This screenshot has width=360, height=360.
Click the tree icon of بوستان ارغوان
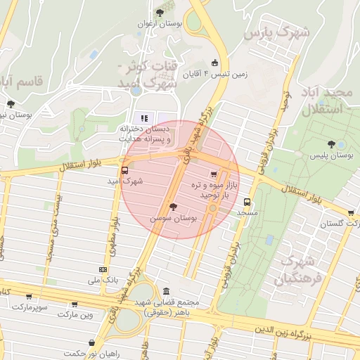[x=160, y=13]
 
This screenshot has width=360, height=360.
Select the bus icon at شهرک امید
[x=125, y=169]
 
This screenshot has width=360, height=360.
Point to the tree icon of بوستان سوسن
[x=173, y=207]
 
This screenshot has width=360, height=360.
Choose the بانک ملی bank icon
[x=103, y=269]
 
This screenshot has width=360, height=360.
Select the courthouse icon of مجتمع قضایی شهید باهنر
[x=165, y=291]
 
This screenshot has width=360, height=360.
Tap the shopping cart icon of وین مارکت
[x=75, y=304]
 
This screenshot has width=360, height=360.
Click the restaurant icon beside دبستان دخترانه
[x=143, y=117]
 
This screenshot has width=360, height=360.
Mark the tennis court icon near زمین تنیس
[x=214, y=62]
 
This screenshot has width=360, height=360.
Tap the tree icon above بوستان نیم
[x=10, y=104]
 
